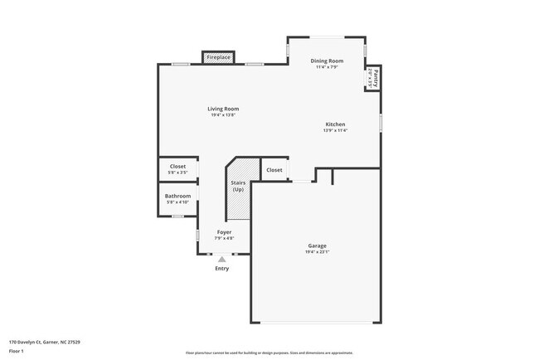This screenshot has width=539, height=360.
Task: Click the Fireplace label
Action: tap(219, 58)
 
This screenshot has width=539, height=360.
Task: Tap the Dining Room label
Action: tap(327, 61)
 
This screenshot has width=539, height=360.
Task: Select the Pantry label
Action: tap(375, 79)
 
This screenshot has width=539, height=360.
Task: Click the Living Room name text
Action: tap(223, 109)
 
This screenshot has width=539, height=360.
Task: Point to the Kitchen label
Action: tap(335, 124)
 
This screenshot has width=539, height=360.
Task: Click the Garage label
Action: tap(318, 246)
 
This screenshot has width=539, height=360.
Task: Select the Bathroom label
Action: tap(177, 196)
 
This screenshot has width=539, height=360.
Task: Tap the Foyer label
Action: tap(224, 232)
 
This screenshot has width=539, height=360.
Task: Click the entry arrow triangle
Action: tap(221, 259)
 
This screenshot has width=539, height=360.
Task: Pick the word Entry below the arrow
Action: tap(221, 268)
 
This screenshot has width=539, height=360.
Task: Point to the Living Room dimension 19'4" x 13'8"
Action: tap(223, 115)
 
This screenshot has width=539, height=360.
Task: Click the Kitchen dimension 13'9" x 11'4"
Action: tap(335, 131)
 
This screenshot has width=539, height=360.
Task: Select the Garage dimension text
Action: tap(318, 252)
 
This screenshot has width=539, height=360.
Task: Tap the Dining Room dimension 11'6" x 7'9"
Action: tap(327, 67)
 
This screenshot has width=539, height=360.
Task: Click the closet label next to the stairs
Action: tap(274, 170)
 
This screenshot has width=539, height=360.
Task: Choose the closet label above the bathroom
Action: tap(177, 166)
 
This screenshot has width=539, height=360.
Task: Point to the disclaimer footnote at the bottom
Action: tap(269, 352)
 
